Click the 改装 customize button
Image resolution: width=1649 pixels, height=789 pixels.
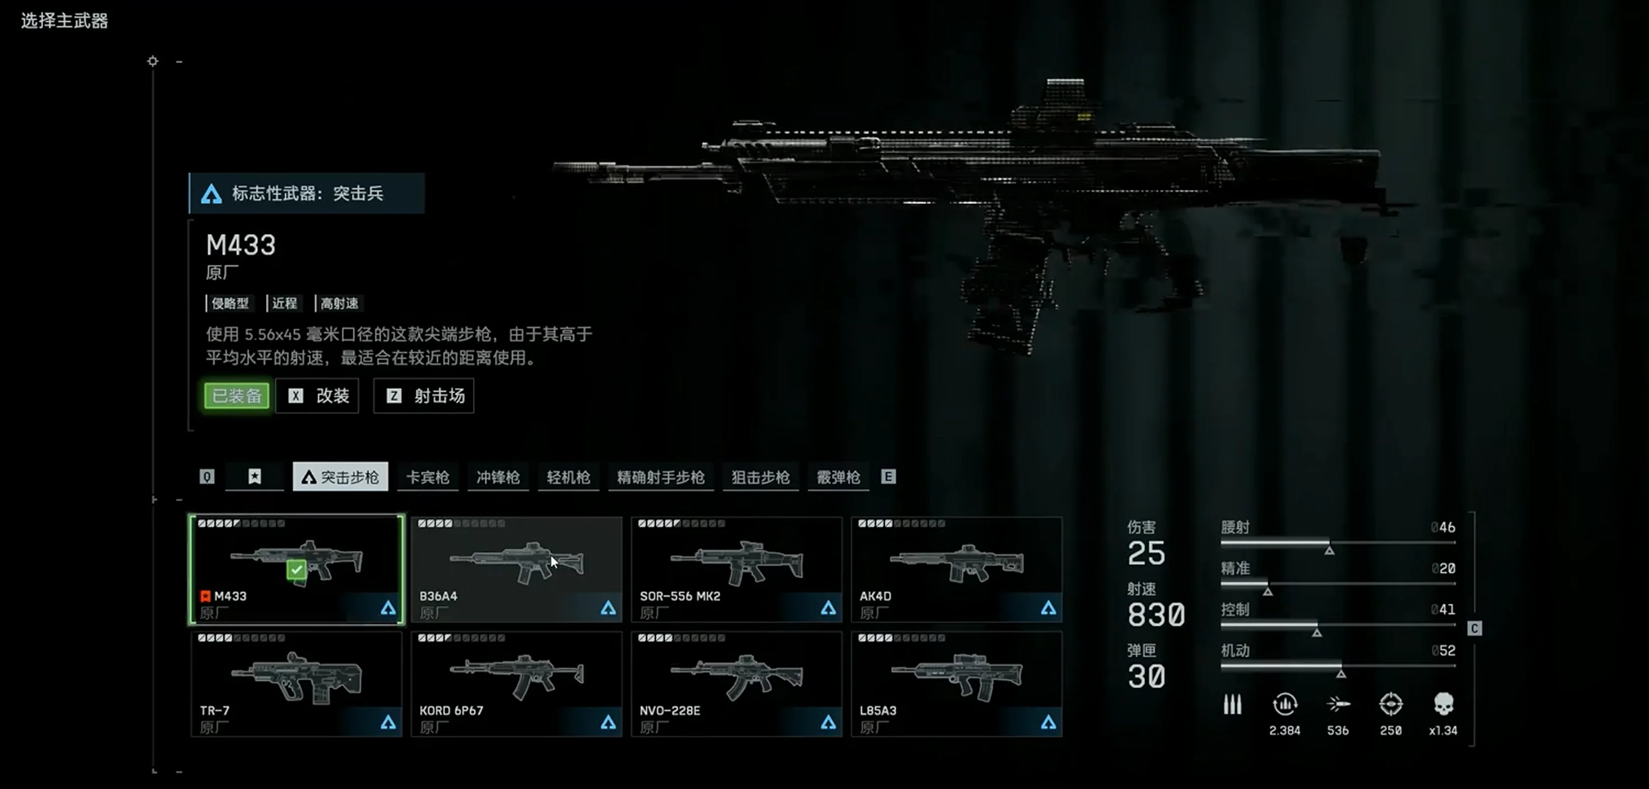(317, 395)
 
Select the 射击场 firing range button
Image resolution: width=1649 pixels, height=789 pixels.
(424, 395)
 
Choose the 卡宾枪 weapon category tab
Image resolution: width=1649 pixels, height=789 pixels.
(428, 477)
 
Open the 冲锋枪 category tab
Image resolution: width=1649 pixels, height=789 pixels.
(498, 477)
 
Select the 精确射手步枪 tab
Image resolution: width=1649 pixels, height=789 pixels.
(660, 477)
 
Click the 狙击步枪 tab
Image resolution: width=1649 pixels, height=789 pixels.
(760, 477)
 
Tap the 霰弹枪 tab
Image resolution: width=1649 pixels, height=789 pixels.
(838, 477)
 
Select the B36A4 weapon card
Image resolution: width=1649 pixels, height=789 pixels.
(517, 569)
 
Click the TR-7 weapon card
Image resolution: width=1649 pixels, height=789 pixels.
(296, 684)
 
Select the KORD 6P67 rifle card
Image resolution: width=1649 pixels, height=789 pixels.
(517, 684)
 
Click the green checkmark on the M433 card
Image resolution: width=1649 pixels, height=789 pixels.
(296, 569)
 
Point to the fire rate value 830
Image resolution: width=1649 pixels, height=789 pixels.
(1156, 615)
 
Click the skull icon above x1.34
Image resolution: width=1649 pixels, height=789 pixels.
(1443, 704)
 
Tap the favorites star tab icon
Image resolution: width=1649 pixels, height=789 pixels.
(255, 477)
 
